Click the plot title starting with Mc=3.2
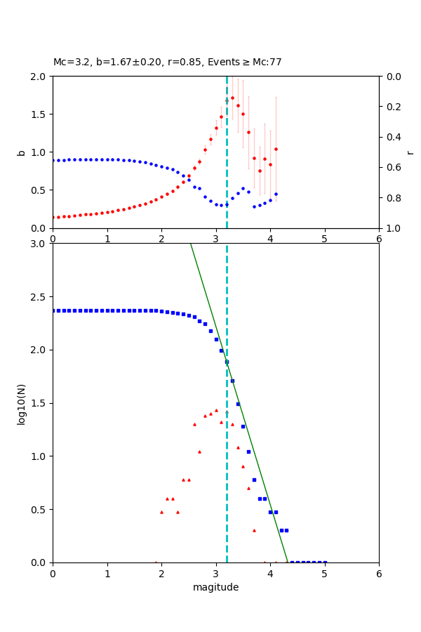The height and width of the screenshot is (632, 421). [x=167, y=62]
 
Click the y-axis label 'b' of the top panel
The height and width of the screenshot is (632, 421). [x=21, y=152]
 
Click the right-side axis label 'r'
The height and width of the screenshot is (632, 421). [x=410, y=152]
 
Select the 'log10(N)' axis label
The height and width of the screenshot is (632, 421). [x=21, y=403]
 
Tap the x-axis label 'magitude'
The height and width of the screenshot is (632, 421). [x=215, y=587]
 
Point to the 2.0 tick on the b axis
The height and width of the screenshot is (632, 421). [x=39, y=77]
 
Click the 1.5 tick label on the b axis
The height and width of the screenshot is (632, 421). [x=39, y=114]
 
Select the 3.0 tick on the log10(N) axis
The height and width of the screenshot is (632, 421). [x=39, y=244]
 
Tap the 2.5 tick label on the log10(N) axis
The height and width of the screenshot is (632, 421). [x=39, y=297]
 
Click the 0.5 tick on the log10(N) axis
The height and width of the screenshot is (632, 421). [x=39, y=510]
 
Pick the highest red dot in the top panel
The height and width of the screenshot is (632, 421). [x=232, y=98]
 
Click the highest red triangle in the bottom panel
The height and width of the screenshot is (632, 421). [x=216, y=410]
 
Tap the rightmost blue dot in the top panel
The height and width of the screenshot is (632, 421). [x=276, y=194]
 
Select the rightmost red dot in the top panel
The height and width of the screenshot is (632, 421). [x=276, y=149]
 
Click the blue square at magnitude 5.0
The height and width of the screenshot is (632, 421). [x=325, y=562]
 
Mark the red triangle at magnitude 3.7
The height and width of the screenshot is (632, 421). [x=254, y=530]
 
